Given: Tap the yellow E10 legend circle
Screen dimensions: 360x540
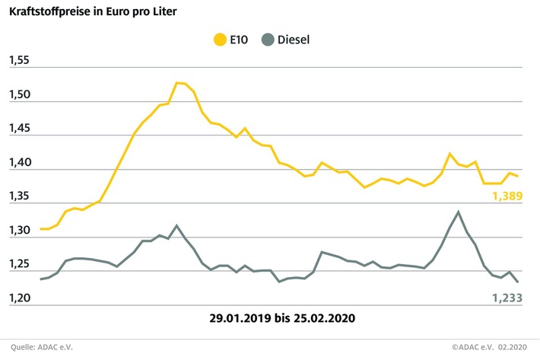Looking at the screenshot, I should point(221,39).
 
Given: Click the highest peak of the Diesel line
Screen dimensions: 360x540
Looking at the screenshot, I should point(458,212).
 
